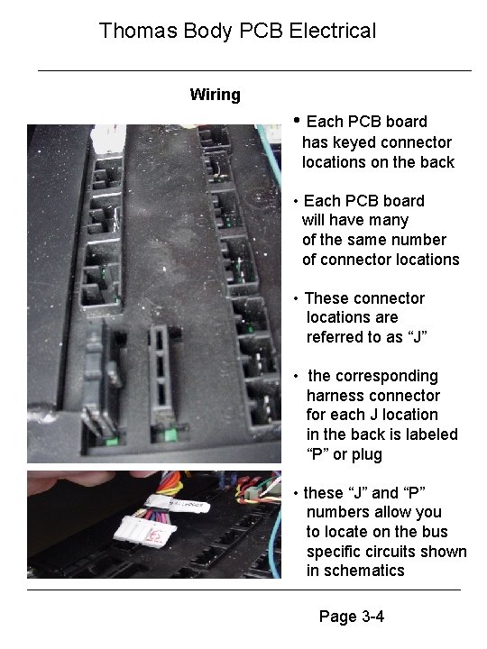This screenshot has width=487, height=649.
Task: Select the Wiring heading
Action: tap(215, 95)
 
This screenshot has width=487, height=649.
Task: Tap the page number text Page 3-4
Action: tap(352, 617)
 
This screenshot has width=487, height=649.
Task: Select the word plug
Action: tap(366, 454)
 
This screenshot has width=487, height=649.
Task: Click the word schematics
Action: tap(355, 571)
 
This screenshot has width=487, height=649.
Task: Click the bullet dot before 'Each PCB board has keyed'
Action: tap(297, 121)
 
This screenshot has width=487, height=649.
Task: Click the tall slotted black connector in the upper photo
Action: tap(161, 383)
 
